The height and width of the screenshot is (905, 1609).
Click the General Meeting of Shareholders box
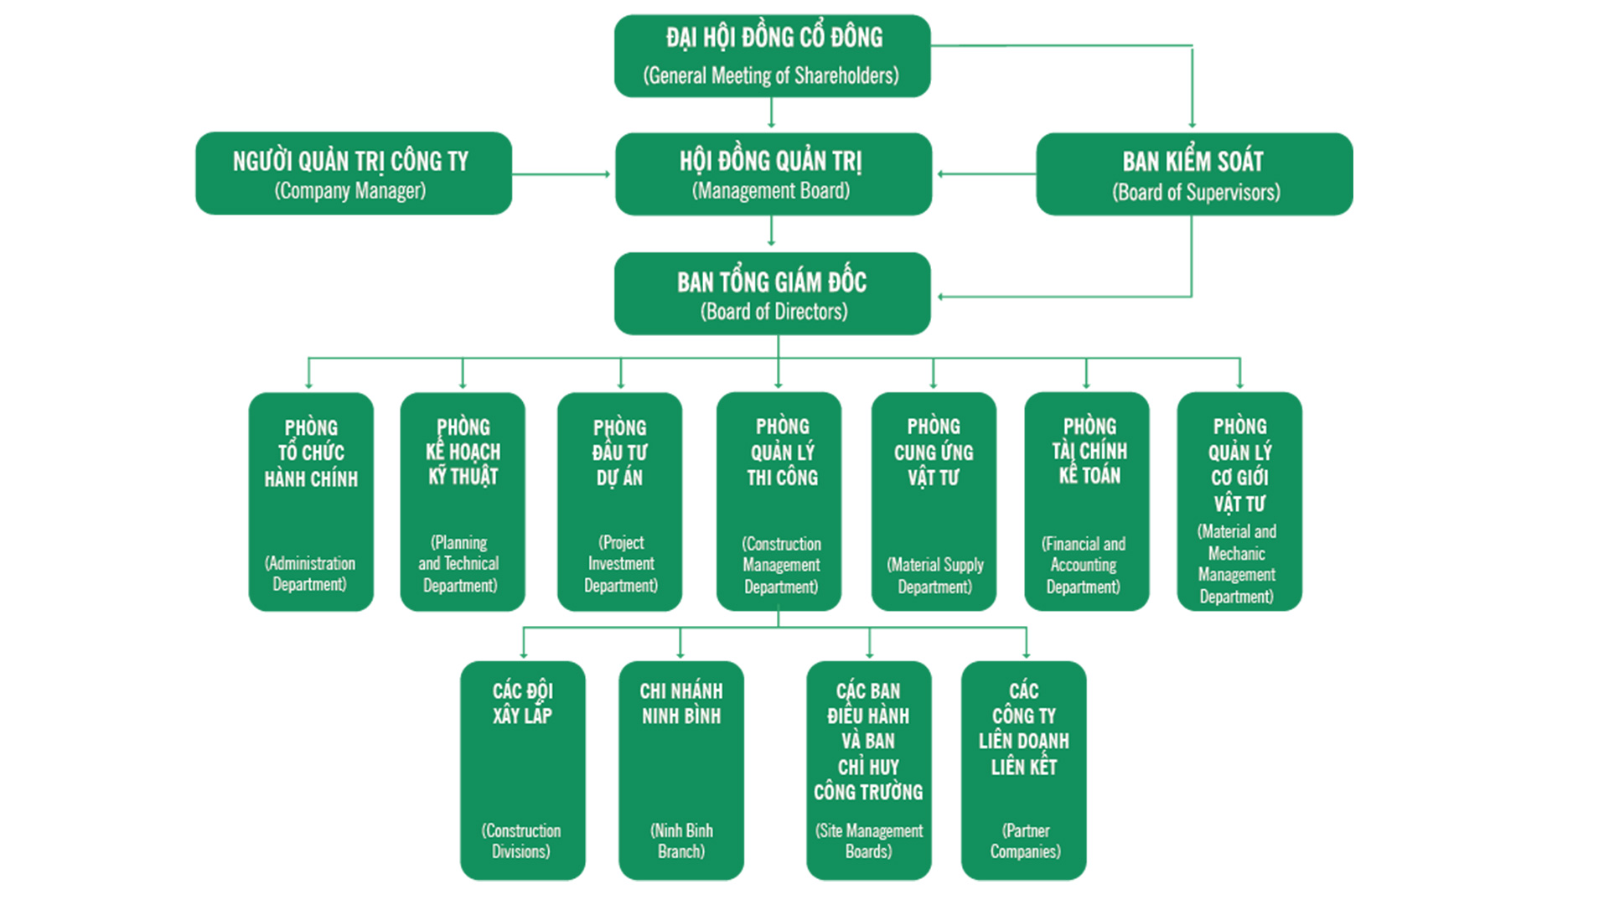click(772, 56)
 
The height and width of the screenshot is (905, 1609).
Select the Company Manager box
click(353, 173)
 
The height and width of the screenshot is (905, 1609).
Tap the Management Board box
click(773, 174)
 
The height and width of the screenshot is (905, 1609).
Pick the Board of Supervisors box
click(1194, 174)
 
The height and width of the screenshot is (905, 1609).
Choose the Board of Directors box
click(772, 294)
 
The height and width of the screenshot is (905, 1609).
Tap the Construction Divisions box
click(522, 770)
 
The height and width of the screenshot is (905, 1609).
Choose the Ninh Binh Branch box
click(680, 770)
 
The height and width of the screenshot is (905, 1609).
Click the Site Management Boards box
click(868, 770)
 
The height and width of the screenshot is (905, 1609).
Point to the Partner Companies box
click(1023, 770)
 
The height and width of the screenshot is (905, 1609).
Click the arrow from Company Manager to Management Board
click(561, 174)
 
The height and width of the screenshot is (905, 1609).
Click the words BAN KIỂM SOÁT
click(1193, 161)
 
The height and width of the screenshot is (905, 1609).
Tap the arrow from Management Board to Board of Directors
click(772, 231)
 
